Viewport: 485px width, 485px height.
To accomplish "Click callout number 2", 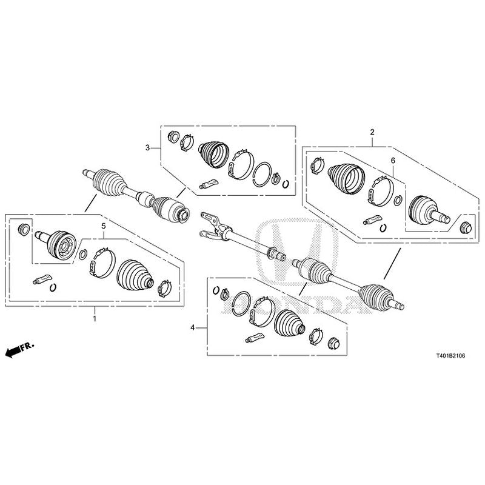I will pyautogui.click(x=372, y=132).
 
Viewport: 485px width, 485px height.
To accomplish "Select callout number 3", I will pyautogui.click(x=147, y=147).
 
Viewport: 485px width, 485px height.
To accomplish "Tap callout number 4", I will pyautogui.click(x=193, y=327).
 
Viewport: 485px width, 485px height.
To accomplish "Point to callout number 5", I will pyautogui.click(x=104, y=226).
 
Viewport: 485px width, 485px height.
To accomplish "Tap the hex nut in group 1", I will pyautogui.click(x=24, y=228).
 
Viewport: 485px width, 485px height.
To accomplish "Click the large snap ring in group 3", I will pyautogui.click(x=262, y=173).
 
